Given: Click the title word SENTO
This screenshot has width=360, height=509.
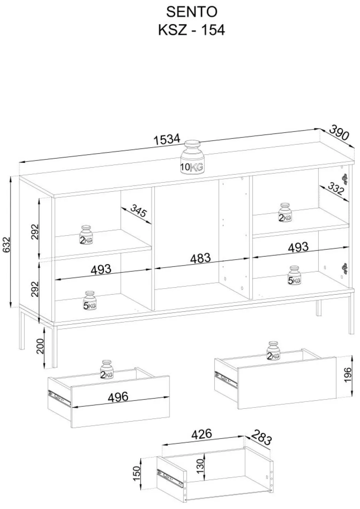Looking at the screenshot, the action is point(192,12).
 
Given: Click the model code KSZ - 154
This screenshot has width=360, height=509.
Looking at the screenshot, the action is point(192,30).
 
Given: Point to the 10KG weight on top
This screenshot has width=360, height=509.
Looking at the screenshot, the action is point(192,157).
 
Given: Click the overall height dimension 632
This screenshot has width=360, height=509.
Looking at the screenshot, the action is point(7,244).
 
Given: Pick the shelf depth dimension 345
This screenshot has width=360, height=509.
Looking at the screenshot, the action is point(138,210).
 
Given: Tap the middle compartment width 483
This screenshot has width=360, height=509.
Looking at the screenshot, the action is point(201,258).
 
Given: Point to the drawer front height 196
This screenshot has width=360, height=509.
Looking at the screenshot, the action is point(348,375).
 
